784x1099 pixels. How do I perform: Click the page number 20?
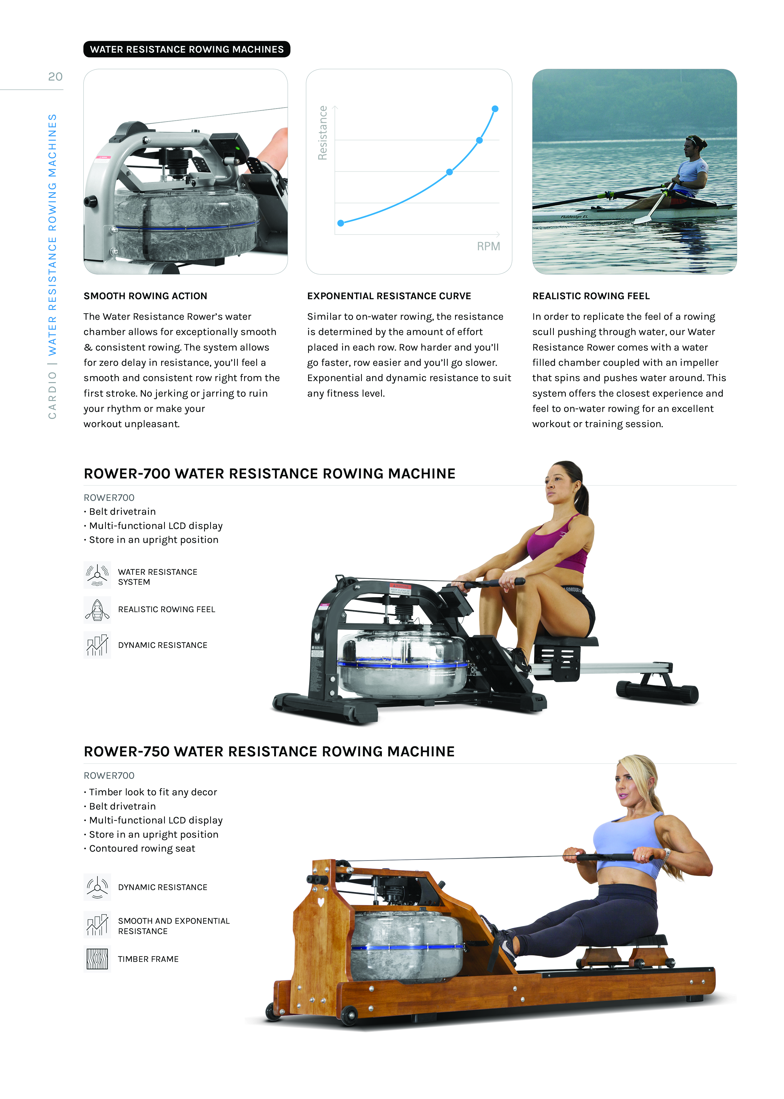click(x=55, y=77)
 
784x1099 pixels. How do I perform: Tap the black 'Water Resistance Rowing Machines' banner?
click(x=187, y=49)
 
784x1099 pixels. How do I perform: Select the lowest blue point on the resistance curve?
click(x=341, y=223)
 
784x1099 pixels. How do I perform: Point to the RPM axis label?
click(x=488, y=247)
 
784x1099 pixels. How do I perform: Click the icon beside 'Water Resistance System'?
click(x=97, y=575)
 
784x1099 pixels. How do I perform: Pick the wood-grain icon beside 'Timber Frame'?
click(x=97, y=959)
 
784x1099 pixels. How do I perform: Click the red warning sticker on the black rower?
click(x=400, y=588)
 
